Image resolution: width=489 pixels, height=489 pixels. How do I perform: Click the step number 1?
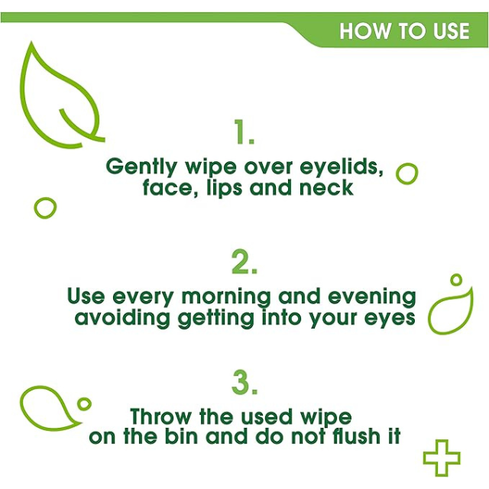click(243, 133)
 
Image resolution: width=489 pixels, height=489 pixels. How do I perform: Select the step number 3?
click(244, 384)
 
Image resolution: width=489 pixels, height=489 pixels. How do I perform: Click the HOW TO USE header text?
click(404, 31)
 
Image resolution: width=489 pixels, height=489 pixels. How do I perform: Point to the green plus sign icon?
click(442, 457)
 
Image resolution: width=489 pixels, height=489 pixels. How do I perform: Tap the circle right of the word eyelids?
click(406, 173)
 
